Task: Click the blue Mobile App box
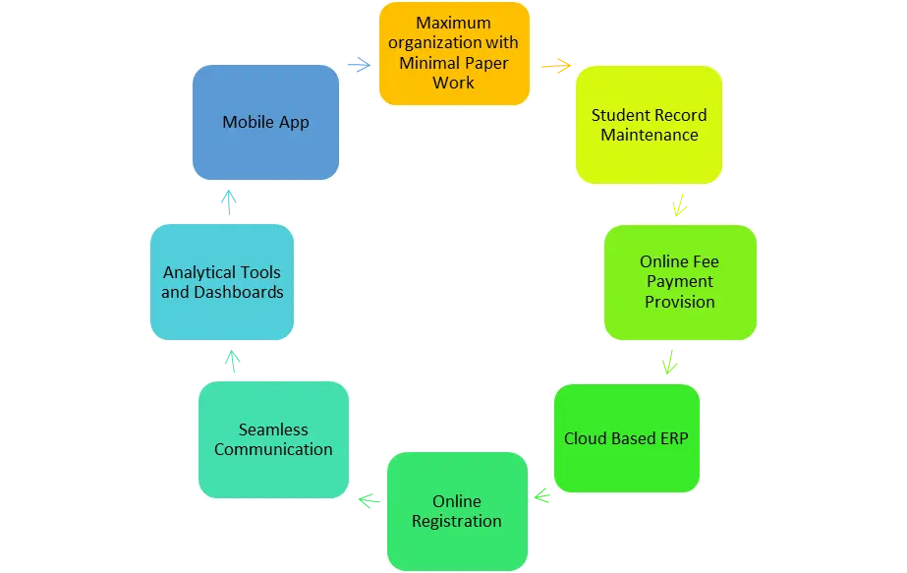click(x=266, y=123)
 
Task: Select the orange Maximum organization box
click(x=453, y=53)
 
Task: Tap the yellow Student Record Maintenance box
click(x=649, y=125)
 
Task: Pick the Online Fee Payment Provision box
click(x=679, y=282)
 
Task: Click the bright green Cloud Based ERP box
click(x=626, y=438)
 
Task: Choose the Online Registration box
click(x=457, y=511)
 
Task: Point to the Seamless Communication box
click(x=273, y=439)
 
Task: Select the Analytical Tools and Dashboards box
click(x=222, y=282)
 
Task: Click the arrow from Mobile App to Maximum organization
click(x=359, y=66)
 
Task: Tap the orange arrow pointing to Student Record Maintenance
click(x=555, y=66)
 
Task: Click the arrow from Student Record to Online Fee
click(x=678, y=206)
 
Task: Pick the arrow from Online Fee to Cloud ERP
click(x=670, y=362)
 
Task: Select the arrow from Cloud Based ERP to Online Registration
click(x=541, y=494)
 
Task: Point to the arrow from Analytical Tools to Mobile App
click(x=230, y=203)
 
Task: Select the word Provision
click(x=679, y=302)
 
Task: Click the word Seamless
click(x=273, y=430)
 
